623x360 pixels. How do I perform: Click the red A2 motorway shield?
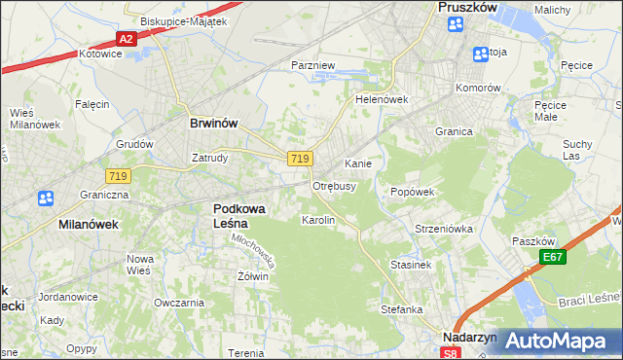click(x=126, y=39)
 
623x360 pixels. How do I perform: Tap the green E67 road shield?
click(x=553, y=257)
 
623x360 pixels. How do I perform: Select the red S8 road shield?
click(x=445, y=352)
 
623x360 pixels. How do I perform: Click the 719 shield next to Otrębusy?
click(x=300, y=159)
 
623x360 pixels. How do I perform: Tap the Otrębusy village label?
click(x=334, y=185)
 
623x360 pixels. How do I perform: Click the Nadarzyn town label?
click(x=469, y=338)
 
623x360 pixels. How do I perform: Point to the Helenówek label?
click(x=381, y=99)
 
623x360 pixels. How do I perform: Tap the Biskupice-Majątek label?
click(x=183, y=20)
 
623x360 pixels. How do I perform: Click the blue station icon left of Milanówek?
click(x=46, y=198)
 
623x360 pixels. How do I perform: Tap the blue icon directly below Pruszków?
click(x=455, y=25)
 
